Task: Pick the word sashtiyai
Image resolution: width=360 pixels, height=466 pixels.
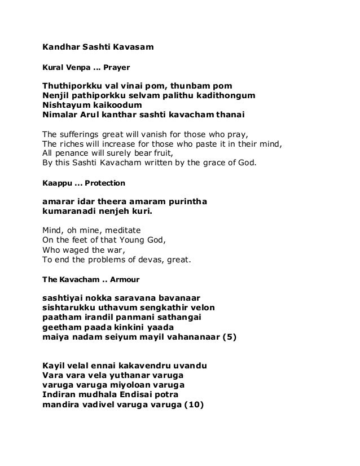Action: coord(64,297)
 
